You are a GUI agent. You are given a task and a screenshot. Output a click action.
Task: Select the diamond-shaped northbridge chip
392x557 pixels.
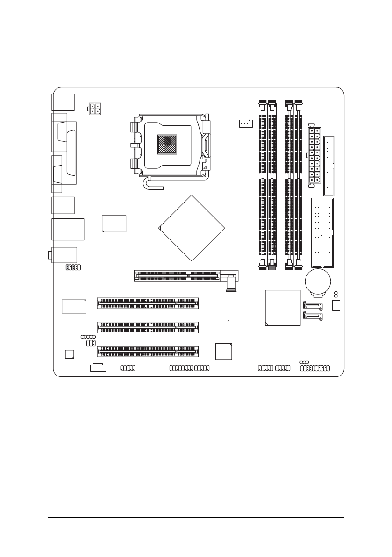(x=192, y=228)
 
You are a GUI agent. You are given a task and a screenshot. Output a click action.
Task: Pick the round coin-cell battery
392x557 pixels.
(x=318, y=282)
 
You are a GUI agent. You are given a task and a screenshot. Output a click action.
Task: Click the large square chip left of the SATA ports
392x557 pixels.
(x=282, y=307)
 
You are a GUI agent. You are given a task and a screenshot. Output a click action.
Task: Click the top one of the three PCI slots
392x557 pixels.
(x=147, y=303)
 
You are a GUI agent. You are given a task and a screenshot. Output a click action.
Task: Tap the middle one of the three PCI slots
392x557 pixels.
(x=147, y=326)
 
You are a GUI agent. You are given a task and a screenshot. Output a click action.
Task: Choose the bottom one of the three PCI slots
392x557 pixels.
(x=147, y=351)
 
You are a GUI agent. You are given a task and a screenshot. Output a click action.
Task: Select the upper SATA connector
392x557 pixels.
(x=313, y=306)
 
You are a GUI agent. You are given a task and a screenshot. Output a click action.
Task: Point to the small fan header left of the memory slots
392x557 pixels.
(x=244, y=123)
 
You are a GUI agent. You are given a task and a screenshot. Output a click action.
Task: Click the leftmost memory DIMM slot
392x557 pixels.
(x=262, y=185)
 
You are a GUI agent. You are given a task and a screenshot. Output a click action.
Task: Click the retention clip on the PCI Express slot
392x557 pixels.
(x=230, y=284)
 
